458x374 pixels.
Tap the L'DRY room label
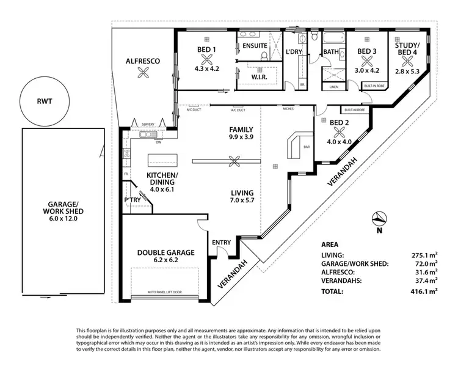coord(296,52)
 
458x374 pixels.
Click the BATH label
coord(331,52)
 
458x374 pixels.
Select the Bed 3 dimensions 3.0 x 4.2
coord(366,70)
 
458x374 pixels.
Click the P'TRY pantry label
coord(133,199)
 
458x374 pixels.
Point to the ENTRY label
coord(221,243)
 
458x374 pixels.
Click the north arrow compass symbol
coord(378,219)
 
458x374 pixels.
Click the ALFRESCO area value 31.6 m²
coord(425,272)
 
